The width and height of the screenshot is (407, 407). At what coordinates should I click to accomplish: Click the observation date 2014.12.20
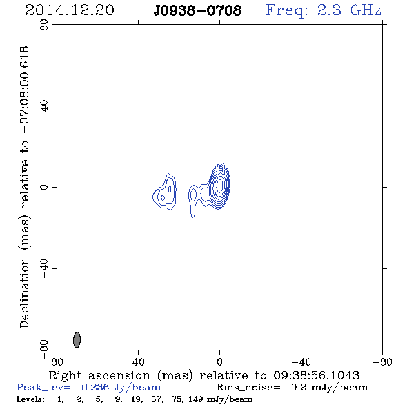click(x=70, y=10)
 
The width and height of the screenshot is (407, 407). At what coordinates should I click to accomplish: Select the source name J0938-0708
click(x=197, y=10)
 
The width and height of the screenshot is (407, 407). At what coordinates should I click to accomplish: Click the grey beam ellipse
click(x=77, y=339)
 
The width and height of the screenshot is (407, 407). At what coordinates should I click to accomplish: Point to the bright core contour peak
click(x=219, y=185)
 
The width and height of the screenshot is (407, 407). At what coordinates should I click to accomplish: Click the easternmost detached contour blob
click(x=165, y=192)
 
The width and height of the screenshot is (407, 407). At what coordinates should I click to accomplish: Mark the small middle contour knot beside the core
click(x=193, y=195)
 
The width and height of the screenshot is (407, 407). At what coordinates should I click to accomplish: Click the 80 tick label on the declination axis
click(x=44, y=25)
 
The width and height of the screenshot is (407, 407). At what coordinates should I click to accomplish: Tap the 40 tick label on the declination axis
click(x=44, y=106)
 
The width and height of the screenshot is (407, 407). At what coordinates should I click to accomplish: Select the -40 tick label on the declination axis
click(x=44, y=268)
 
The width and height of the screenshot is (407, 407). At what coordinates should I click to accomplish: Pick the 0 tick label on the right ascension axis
click(x=219, y=361)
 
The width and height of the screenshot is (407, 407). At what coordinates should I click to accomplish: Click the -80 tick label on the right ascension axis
click(x=382, y=361)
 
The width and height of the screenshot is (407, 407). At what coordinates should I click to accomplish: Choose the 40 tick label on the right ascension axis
click(x=138, y=361)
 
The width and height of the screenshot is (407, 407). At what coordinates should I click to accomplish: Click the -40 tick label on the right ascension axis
click(x=301, y=361)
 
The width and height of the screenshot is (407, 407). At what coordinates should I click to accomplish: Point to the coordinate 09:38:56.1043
click(x=316, y=375)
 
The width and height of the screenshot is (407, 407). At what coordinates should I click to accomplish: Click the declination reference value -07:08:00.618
click(x=25, y=90)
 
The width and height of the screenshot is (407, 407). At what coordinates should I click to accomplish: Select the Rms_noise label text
click(x=248, y=388)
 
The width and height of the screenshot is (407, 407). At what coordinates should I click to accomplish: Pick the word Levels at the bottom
click(x=30, y=399)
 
